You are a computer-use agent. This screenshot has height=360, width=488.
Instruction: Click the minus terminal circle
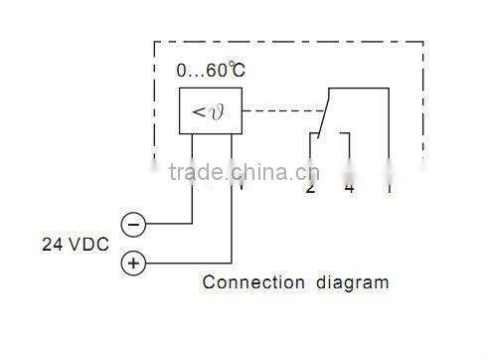coord(134,224)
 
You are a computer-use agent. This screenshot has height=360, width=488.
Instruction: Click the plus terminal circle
coord(134,264)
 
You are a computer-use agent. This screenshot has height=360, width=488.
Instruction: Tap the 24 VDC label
coord(76,244)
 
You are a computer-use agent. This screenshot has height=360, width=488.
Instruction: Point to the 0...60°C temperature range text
coord(211,72)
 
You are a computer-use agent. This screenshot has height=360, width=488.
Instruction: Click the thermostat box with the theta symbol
coord(211,109)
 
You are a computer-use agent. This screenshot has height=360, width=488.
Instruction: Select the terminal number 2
coord(311,188)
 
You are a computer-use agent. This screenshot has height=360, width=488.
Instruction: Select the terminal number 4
coord(349,188)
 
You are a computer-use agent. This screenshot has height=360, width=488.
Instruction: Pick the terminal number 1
coord(388,188)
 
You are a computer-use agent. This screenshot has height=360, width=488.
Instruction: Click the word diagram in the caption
coord(353,282)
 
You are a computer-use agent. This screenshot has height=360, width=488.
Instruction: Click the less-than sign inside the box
coord(199,110)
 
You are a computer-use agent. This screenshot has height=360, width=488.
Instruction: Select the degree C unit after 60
coord(235,72)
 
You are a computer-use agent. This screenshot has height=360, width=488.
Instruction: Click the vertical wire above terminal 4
coord(349,149)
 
